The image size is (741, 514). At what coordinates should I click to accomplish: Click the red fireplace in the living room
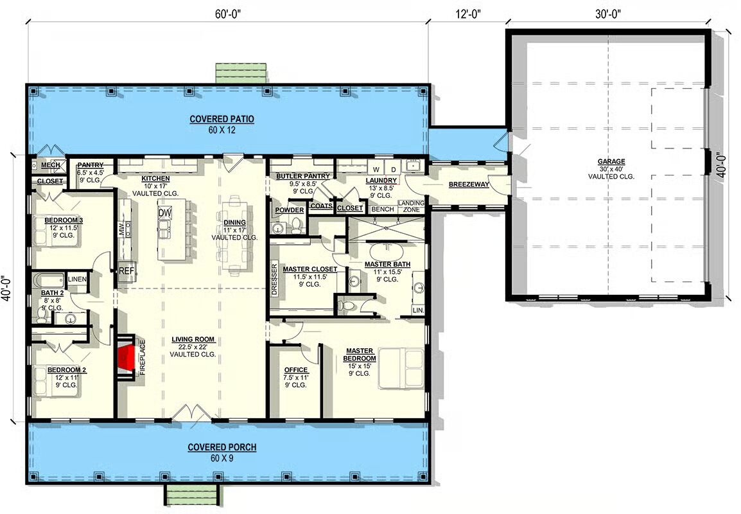pyautogui.click(x=126, y=357)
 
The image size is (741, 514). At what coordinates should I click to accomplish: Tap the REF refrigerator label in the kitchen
pyautogui.click(x=126, y=271)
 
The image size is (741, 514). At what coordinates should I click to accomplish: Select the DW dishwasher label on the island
pyautogui.click(x=164, y=213)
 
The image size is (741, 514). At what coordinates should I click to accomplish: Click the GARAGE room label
pyautogui.click(x=611, y=162)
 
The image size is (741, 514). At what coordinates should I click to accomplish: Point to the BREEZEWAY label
pyautogui.click(x=469, y=184)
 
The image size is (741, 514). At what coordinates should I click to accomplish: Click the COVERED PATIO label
pyautogui.click(x=222, y=119)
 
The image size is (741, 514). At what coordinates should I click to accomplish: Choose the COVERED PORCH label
pyautogui.click(x=222, y=447)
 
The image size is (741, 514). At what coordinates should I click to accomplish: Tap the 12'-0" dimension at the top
pyautogui.click(x=468, y=15)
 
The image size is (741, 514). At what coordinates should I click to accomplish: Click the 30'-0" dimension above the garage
pyautogui.click(x=607, y=14)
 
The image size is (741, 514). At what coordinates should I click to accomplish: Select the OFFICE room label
pyautogui.click(x=296, y=370)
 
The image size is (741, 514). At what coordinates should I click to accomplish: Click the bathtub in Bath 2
pyautogui.click(x=49, y=280)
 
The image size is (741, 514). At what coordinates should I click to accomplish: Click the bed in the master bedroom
pyautogui.click(x=402, y=368)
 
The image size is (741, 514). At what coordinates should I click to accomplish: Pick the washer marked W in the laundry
pyautogui.click(x=377, y=169)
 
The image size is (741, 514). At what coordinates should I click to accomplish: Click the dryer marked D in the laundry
pyautogui.click(x=393, y=169)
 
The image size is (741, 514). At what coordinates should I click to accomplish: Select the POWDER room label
pyautogui.click(x=289, y=210)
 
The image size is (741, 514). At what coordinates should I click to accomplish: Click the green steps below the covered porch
pyautogui.click(x=192, y=495)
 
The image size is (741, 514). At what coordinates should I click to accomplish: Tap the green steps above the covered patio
pyautogui.click(x=240, y=73)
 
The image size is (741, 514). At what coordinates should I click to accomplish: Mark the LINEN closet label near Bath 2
pyautogui.click(x=77, y=279)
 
